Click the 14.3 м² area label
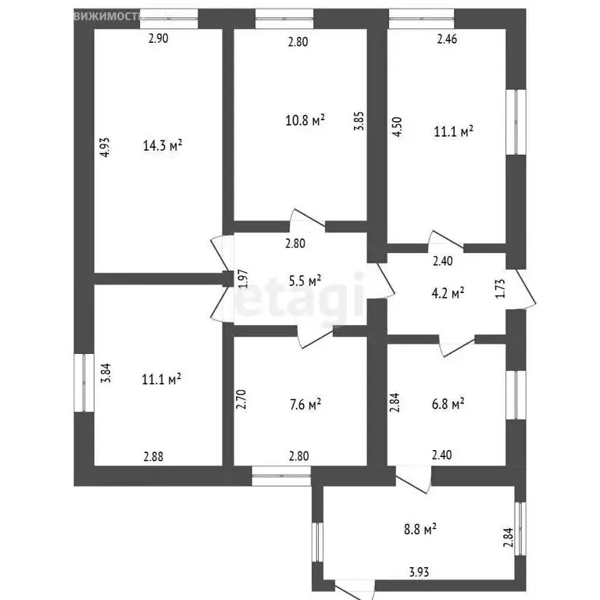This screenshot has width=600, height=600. coord(162,145)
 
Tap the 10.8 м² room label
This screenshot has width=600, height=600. coord(305,120)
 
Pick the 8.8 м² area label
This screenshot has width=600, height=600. coord(419,530)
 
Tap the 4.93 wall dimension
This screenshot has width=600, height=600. coord(103,149)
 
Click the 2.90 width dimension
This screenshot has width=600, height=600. coord(159,39)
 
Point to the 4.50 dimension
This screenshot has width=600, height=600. coord(397,127)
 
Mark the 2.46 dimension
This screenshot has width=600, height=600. coord(447,39)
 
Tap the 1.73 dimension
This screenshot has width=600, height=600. coord(499,289)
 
